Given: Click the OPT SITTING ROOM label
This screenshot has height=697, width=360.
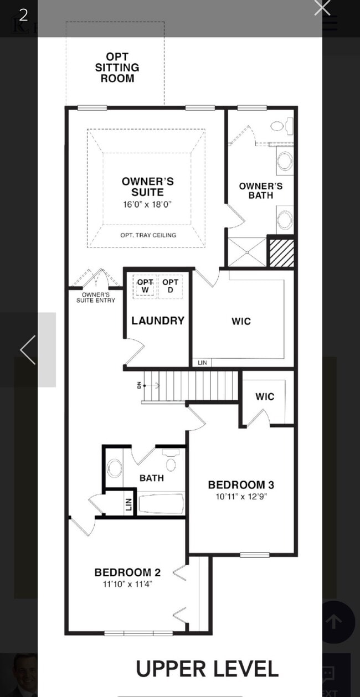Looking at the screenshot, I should [x=117, y=67].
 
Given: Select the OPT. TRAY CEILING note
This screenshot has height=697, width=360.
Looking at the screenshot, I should [x=148, y=235].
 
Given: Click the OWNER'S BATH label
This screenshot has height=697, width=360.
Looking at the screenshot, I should [x=260, y=190].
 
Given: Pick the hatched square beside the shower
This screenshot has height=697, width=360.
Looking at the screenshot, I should [x=281, y=252].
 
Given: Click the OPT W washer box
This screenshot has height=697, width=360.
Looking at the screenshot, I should [x=145, y=286].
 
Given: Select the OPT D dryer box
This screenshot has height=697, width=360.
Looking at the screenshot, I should [x=170, y=286].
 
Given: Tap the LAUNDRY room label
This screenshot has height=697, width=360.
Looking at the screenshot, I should [x=158, y=321].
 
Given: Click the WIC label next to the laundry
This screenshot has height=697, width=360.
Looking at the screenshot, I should [x=241, y=321].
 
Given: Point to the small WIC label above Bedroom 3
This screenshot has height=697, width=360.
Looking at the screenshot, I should [x=265, y=396].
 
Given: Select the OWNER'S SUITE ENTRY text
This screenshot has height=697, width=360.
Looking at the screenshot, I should [x=96, y=297].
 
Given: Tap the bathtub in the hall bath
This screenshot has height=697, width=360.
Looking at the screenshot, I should [x=160, y=504].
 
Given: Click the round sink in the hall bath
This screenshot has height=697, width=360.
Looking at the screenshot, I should [x=115, y=468].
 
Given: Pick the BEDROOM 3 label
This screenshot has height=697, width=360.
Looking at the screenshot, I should [x=241, y=485].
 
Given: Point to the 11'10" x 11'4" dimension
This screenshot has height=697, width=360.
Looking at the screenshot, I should [x=123, y=584].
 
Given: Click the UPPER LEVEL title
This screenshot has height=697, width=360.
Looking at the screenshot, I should [x=207, y=669].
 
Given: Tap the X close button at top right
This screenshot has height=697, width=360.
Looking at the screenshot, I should [x=322, y=7].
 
